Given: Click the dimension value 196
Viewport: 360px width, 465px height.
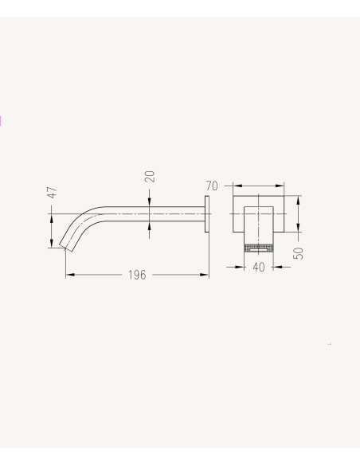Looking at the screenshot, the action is (137, 275).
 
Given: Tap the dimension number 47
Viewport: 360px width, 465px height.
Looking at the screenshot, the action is (53, 193).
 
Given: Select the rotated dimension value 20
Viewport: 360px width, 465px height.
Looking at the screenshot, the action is (150, 177).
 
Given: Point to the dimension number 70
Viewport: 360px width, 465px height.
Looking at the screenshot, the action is (212, 186).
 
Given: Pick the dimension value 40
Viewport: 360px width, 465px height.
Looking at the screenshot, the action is (259, 267).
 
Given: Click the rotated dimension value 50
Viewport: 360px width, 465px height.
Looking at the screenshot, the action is (299, 253).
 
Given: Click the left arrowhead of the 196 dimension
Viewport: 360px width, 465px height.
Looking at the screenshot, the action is (69, 275).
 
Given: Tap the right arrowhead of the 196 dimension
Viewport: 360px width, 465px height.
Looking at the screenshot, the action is (205, 275).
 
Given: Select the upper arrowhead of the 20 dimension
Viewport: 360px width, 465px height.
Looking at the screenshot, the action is (149, 202).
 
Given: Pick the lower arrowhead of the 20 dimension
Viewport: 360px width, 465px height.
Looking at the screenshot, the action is (149, 225).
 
